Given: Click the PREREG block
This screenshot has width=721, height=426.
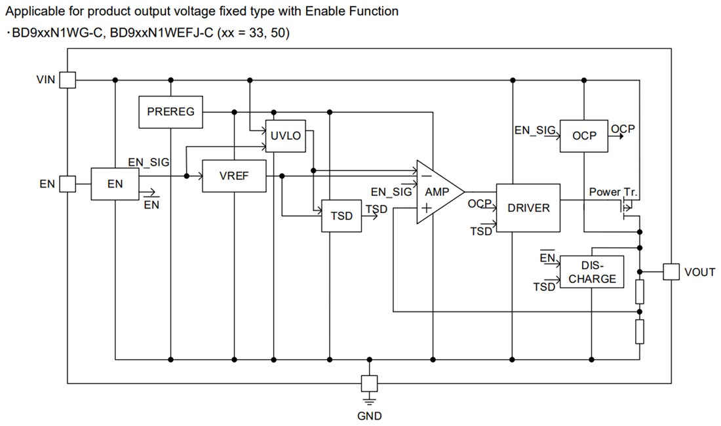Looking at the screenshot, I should [x=170, y=112].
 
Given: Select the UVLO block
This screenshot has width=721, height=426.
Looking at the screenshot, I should [x=285, y=136].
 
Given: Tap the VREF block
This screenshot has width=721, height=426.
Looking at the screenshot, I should [x=234, y=176].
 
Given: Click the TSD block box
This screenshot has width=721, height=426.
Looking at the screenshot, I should [x=341, y=216].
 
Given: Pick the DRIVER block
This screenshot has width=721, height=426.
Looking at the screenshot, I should [x=528, y=208].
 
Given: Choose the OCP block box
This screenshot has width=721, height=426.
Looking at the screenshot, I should [x=584, y=136].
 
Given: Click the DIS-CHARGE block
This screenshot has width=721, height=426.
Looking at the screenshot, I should [x=592, y=272].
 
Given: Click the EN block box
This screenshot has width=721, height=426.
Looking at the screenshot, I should [x=115, y=184].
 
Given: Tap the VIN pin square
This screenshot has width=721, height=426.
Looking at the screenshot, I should [x=68, y=80].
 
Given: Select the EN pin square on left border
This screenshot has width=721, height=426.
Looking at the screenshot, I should [x=68, y=184].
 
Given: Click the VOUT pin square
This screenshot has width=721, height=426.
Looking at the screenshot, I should [x=671, y=271].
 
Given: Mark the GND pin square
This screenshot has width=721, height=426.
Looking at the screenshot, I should [x=370, y=383].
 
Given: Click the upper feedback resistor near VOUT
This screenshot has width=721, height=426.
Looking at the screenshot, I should [x=639, y=290].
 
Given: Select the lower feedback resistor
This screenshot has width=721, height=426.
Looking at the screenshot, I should [x=639, y=332].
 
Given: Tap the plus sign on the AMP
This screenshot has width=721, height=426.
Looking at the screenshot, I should [x=427, y=208].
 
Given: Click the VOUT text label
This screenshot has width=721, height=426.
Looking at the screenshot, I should [x=699, y=272].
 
